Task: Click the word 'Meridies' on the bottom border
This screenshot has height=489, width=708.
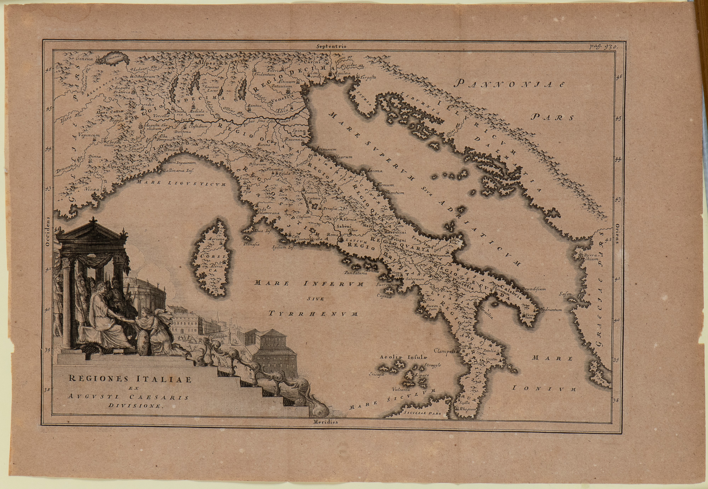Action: tap(325, 422)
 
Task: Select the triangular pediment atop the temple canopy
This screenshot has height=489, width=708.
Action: tap(92, 230)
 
